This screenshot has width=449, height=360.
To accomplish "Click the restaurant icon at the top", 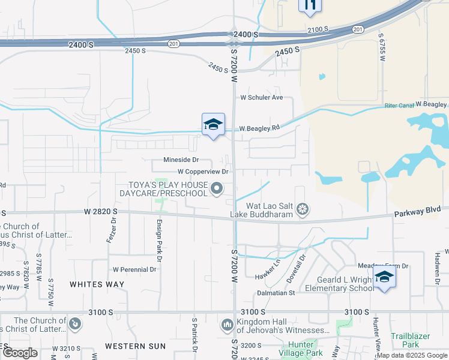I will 310,6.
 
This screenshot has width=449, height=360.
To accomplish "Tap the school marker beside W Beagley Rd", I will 213,125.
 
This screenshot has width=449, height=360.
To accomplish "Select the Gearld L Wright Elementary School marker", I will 384,277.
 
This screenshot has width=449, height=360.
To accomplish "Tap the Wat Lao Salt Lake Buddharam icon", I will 304,209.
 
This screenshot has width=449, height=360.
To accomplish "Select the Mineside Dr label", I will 181,160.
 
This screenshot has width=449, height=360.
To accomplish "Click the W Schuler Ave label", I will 261,97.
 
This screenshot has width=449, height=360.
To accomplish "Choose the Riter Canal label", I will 399,106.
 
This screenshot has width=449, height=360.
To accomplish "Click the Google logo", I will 20,352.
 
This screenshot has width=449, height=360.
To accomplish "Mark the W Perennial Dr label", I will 134,269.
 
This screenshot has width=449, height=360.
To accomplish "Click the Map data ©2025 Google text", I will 412,356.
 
